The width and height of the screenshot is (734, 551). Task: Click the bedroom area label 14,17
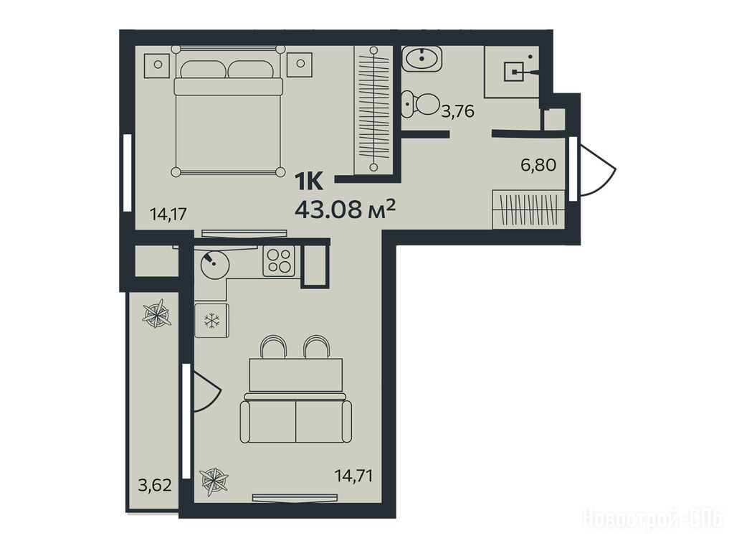[x=168, y=214]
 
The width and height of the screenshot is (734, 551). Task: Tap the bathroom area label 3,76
[x=458, y=111]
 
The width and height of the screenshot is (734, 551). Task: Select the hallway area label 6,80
[x=538, y=165]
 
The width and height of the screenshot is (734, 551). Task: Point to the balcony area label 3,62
[x=155, y=484]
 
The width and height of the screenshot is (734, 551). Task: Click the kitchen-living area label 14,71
[x=354, y=476]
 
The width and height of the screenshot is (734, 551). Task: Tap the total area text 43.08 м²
[x=345, y=209]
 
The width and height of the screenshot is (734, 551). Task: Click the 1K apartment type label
[x=308, y=182]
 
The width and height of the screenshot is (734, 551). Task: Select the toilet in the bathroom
[x=420, y=105]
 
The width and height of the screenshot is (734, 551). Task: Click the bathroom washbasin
[x=421, y=59]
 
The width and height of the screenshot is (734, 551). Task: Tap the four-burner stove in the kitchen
[x=279, y=261]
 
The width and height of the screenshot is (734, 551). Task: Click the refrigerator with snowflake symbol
[x=211, y=321]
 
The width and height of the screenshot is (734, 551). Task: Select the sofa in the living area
[x=295, y=418]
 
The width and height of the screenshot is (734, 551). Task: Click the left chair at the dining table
[x=273, y=347]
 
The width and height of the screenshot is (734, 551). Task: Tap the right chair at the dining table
[x=317, y=347]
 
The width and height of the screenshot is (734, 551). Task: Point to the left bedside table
[x=158, y=65]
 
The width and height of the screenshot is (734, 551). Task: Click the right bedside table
[x=300, y=65]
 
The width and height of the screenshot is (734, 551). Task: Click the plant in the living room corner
[x=214, y=481]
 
